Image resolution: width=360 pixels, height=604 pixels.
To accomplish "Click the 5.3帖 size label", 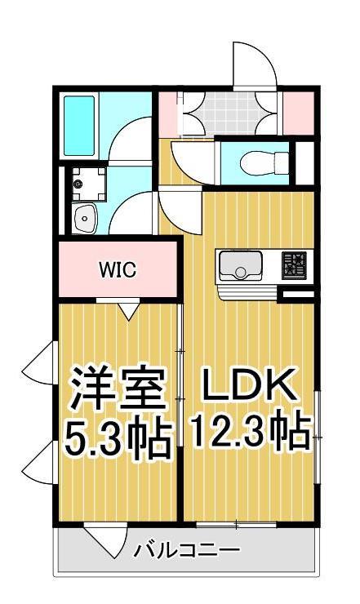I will tap(118, 438).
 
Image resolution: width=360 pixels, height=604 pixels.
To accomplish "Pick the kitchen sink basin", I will tap(240, 266).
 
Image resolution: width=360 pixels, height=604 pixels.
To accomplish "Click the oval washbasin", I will tap(85, 218).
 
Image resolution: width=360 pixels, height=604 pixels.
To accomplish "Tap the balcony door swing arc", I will tap(102, 540).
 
